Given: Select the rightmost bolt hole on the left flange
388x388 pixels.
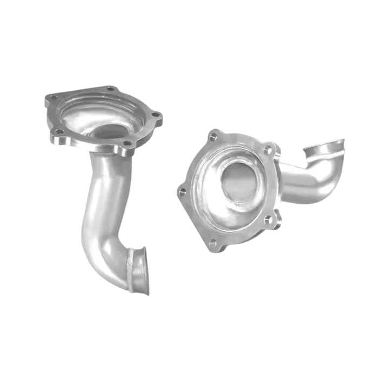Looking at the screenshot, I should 155,115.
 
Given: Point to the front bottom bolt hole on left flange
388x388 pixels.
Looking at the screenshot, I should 127,143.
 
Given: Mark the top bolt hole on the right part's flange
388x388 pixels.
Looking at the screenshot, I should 213,136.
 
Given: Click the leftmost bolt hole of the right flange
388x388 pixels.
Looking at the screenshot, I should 182,191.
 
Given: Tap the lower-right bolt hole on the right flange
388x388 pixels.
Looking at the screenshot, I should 267,219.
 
